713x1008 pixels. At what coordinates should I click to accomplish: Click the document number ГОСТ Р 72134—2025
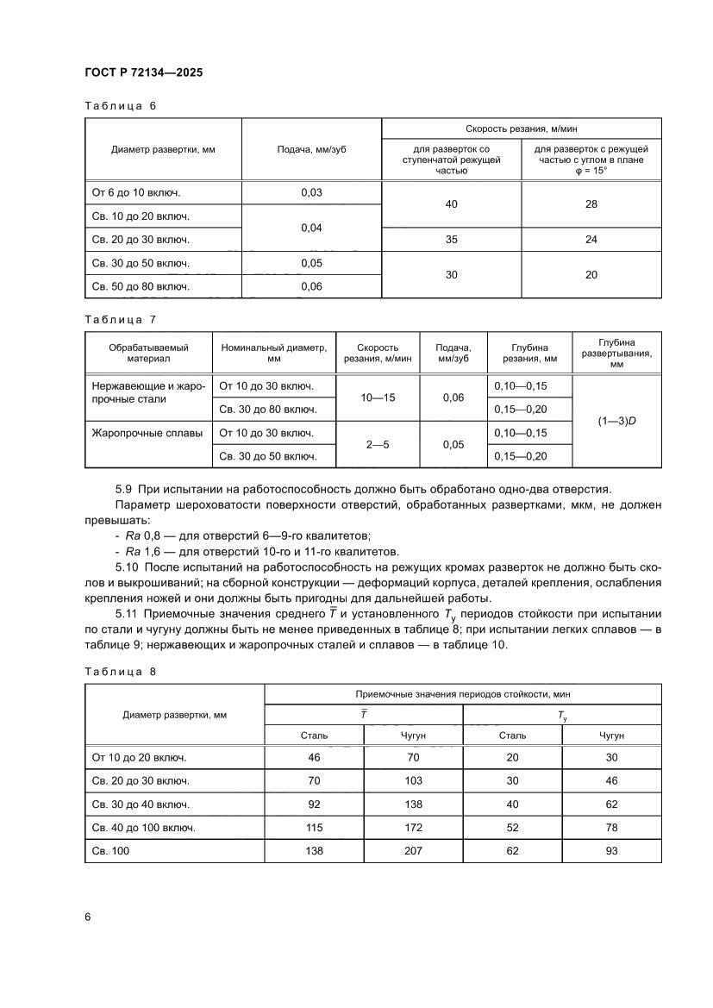(143, 73)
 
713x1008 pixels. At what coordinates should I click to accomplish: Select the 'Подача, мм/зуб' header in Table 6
(311, 149)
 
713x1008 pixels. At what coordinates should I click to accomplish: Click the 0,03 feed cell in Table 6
(311, 192)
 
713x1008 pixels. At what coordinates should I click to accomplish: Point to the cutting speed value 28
(591, 204)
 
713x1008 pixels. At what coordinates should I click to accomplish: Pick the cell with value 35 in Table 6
(451, 240)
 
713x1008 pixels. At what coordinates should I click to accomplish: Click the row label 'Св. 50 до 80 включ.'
(141, 286)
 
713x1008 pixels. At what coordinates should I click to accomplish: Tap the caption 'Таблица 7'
(120, 319)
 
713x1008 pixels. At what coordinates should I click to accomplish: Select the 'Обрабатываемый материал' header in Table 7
(147, 353)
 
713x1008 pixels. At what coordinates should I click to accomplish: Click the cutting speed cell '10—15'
(378, 398)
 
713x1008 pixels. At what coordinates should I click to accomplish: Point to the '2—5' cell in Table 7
(378, 444)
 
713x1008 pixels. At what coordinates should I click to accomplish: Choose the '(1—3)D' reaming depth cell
(616, 421)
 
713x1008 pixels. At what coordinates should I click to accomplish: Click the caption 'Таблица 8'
(120, 669)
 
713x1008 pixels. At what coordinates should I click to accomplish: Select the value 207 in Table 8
(413, 850)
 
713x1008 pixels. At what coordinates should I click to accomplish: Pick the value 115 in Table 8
(314, 827)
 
